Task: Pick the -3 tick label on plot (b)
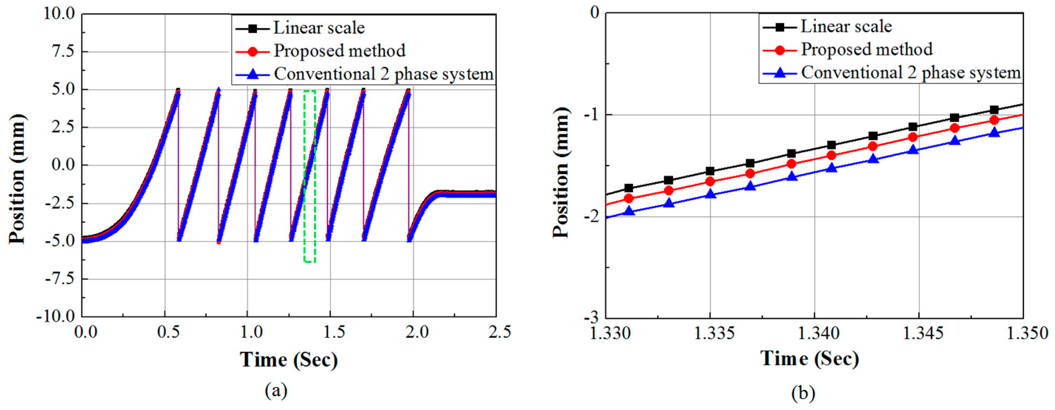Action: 590,317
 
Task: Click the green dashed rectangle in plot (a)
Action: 310,176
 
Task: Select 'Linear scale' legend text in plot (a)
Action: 319,28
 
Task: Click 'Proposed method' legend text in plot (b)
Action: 867,50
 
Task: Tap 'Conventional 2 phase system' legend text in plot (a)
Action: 384,74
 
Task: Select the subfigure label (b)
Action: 803,393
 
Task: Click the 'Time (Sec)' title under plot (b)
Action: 810,359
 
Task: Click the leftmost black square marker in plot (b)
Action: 629,188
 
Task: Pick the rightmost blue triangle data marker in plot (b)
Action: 994,132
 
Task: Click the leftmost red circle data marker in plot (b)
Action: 629,199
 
